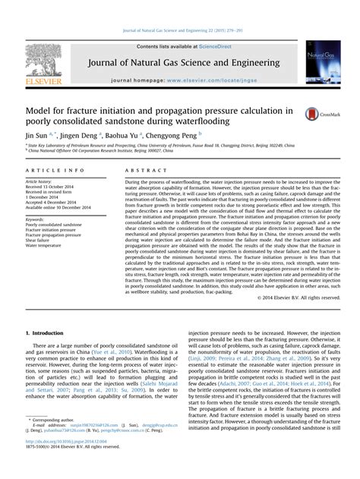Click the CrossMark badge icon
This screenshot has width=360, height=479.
pos(317,115)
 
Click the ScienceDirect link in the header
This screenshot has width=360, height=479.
pos(208,46)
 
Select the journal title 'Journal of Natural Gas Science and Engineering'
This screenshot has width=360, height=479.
pos(180,62)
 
